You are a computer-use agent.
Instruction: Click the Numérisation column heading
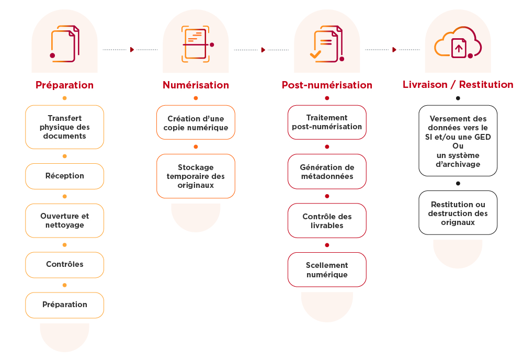[x=196, y=85]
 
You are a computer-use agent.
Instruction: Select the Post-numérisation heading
[x=327, y=85]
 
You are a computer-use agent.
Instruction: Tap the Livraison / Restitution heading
[x=458, y=85]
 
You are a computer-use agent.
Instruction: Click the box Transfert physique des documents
[x=65, y=127]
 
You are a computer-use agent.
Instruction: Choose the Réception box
[x=65, y=176]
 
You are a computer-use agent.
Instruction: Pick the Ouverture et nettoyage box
[x=65, y=220]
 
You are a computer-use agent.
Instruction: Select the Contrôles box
[x=65, y=265]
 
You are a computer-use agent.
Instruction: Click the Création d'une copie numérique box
[x=196, y=122]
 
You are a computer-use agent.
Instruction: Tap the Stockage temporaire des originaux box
[x=196, y=176]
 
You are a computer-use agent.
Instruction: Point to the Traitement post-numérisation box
[x=327, y=122]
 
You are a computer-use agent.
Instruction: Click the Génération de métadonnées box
[x=327, y=172]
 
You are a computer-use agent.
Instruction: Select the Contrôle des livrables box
[x=327, y=220]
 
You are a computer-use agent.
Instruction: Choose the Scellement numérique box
[x=327, y=269]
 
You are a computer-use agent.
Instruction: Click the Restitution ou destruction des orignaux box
[x=458, y=213]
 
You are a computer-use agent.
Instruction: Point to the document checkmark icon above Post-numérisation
[x=327, y=44]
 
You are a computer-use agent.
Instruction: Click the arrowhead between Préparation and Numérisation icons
[x=132, y=50]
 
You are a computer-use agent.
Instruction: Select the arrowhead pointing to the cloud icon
[x=394, y=50]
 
